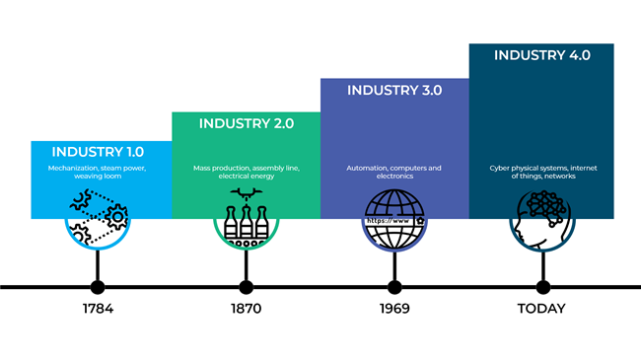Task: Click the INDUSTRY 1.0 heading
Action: (x=98, y=152)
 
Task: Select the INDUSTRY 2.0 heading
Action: (x=247, y=123)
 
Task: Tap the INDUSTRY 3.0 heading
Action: (x=394, y=90)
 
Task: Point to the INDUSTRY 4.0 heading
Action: (x=542, y=55)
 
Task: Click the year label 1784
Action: (x=98, y=309)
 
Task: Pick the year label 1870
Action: (x=247, y=309)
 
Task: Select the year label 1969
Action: (x=394, y=309)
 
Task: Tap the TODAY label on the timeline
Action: (x=542, y=309)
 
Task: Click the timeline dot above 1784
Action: (x=98, y=287)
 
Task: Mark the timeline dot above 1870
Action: (x=247, y=287)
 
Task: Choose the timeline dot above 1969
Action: (x=394, y=287)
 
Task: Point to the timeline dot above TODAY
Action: (x=542, y=287)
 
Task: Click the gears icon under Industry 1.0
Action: (x=98, y=219)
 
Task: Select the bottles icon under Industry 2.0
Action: (x=247, y=217)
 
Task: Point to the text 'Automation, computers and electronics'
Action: (x=394, y=173)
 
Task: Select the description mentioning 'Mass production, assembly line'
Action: (x=247, y=173)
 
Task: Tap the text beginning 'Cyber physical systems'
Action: (x=542, y=173)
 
